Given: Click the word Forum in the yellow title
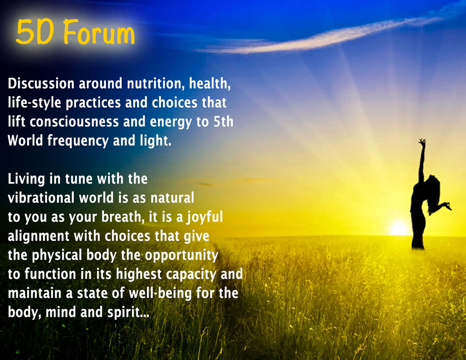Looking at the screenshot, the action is click(99, 32).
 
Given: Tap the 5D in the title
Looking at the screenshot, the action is click(35, 32).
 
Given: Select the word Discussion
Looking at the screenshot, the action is click(41, 83).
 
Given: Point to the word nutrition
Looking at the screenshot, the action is click(154, 83).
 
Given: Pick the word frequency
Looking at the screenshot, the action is click(78, 141).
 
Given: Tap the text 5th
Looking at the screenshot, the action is click(224, 122).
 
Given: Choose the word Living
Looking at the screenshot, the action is click(26, 180).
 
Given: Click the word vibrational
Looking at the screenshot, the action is click(41, 198).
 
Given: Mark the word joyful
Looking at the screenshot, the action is click(205, 217).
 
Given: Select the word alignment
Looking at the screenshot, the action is click(38, 236).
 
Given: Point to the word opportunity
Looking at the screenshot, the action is click(182, 255).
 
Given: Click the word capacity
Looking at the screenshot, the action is click(191, 275).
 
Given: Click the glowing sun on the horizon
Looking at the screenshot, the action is click(399, 228).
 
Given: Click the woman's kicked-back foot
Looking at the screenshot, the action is click(448, 205).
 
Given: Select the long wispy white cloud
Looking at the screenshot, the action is click(324, 35).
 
